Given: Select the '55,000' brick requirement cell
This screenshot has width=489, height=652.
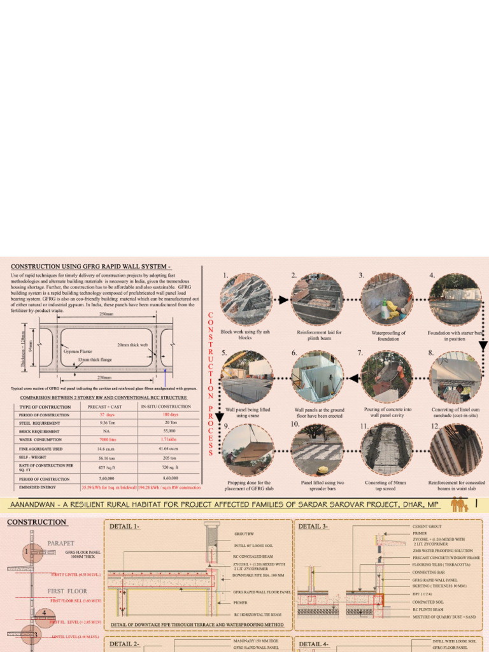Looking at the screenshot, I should coord(169,431).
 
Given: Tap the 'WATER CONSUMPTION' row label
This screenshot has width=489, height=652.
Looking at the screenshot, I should coord(41,439).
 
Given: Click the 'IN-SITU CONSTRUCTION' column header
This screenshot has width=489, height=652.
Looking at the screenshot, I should coord(166,406).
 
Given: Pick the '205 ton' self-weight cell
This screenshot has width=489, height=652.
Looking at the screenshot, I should coord(169,457).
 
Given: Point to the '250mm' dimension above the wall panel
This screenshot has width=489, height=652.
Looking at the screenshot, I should coord(106,314).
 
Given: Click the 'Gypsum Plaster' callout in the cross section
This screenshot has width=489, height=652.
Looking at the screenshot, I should coord(78,351).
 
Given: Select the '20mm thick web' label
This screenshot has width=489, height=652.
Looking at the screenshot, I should coord(132,344).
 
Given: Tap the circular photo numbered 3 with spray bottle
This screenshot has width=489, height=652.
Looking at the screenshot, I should coord(386,300).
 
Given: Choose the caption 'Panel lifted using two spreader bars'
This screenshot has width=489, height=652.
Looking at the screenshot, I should coord(317,486).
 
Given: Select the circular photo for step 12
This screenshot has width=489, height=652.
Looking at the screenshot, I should coord(455,450).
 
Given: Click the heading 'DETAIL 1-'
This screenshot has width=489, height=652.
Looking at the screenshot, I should coord(125,527).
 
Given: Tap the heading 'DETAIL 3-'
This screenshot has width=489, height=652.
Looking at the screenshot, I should coord(313,527).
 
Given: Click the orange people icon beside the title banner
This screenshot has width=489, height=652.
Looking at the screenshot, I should coord(458,505).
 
